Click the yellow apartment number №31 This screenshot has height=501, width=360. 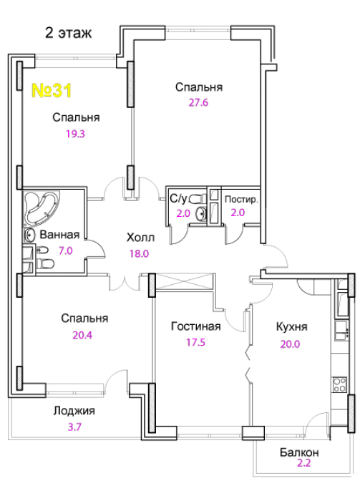coord(52,90)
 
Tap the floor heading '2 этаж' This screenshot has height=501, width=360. coord(69,33)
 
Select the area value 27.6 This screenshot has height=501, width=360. coord(198,102)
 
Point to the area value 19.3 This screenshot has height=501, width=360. coord(75,134)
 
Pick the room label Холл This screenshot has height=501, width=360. coord(140,238)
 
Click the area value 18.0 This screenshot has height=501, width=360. coord(139,253)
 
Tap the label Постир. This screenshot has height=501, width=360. coord(241,200)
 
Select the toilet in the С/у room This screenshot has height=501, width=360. coord(196,200)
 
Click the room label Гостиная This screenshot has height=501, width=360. coord(196,326)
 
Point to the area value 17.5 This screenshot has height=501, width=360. coord(196,343)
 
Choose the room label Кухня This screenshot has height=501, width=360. coord(291,327)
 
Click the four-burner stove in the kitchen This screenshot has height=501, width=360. coord(339,385)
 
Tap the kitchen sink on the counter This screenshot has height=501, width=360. coord(341,331)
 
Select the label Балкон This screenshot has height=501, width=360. coord(299,452)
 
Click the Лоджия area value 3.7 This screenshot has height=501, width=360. coord(74,427)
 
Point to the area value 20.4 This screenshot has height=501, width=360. coord(82,335)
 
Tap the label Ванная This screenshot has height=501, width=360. coord(59,235)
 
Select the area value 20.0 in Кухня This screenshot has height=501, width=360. coord(290,344)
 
